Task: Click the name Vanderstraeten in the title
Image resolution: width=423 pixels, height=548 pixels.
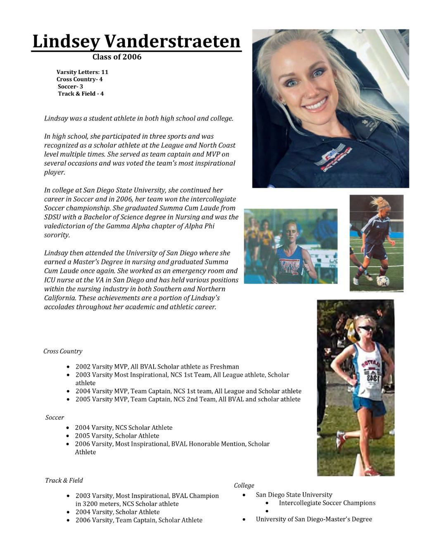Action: tap(172, 42)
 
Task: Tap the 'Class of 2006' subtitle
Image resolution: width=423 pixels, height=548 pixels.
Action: tap(117, 57)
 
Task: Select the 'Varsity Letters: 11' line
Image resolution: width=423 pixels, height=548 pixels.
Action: tap(82, 72)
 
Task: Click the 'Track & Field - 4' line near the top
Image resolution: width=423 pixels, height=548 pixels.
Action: tap(81, 93)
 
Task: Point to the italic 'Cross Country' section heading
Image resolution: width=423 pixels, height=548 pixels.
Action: tap(63, 351)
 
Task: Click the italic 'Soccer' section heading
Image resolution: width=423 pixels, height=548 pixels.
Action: tap(55, 417)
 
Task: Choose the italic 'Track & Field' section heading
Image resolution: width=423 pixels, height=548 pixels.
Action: tap(64, 480)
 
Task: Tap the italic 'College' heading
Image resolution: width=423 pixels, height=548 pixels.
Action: tap(244, 485)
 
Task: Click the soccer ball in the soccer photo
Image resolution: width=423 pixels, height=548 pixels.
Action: tap(383, 281)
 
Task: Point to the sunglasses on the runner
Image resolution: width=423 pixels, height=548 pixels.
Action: tap(366, 329)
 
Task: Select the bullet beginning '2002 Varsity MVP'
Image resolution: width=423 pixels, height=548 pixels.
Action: tap(157, 366)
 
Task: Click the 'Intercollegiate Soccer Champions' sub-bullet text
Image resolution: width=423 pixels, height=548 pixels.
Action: tap(327, 503)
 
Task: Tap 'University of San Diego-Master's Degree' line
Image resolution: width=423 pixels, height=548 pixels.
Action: tap(314, 519)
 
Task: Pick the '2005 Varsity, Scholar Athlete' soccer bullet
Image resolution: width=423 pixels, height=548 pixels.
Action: tap(117, 436)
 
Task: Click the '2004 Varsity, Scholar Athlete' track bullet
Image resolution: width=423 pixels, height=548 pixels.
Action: tap(117, 512)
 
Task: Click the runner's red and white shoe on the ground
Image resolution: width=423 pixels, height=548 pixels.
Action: tap(371, 471)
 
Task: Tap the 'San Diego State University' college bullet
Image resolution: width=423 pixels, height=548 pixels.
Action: tap(294, 495)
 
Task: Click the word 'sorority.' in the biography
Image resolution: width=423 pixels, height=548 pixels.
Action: tap(57, 235)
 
